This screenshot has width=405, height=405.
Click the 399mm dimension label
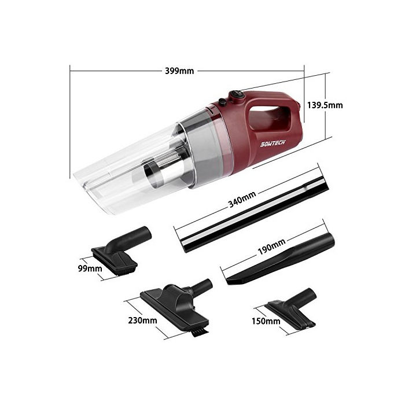(179, 71)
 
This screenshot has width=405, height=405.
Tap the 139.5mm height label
(325, 105)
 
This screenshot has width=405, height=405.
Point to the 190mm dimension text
(272, 246)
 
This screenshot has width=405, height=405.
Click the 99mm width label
(90, 268)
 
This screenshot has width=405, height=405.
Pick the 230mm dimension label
(142, 321)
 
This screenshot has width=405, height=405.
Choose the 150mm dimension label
(266, 321)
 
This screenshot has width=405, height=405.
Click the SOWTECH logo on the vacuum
(273, 143)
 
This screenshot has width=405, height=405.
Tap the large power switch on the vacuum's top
(235, 95)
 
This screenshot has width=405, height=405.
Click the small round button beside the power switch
(222, 102)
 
